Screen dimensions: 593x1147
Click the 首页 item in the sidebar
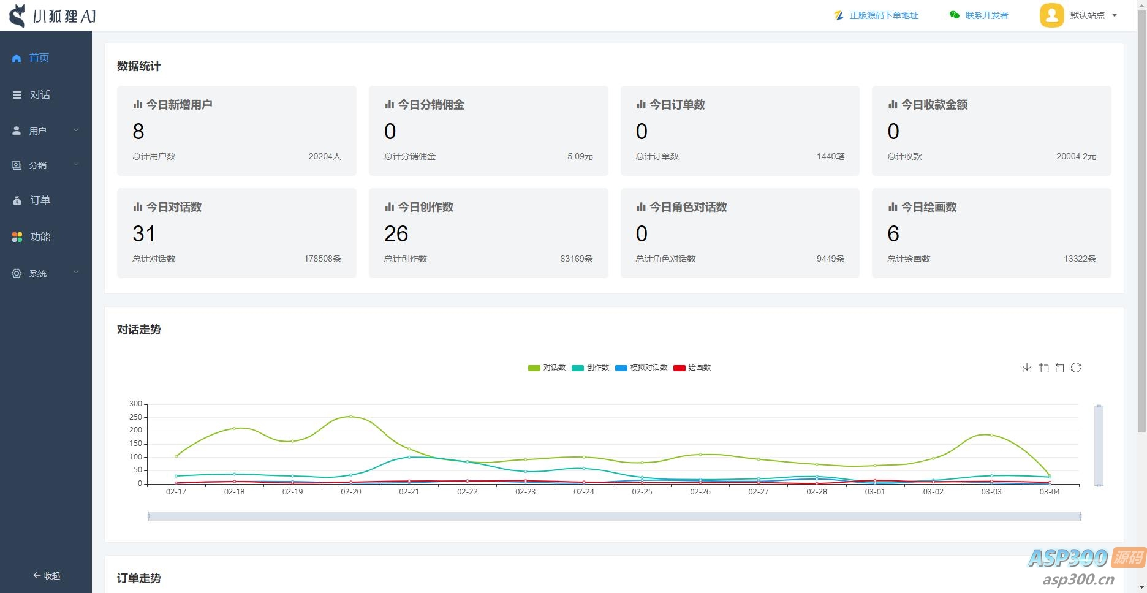(38, 58)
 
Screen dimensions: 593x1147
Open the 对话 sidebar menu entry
(40, 95)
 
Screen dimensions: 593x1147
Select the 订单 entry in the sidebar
(40, 200)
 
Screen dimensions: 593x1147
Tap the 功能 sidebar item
(40, 237)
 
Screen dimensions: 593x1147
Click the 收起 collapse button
(47, 576)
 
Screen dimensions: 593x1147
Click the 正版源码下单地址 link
(883, 15)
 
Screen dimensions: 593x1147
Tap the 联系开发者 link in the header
(986, 15)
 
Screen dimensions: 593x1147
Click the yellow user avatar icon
(1051, 15)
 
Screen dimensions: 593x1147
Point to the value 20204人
(324, 156)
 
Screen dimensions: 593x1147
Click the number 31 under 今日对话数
(144, 233)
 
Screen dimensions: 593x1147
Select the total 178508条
(322, 259)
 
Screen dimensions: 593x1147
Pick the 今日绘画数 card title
(928, 207)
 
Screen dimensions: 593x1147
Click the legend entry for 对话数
(547, 368)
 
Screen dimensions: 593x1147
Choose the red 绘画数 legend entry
(692, 368)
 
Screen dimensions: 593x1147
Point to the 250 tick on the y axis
(135, 417)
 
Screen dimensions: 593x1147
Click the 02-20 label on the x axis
(351, 492)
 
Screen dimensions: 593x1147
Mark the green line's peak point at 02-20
(351, 417)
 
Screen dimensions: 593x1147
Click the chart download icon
(1027, 368)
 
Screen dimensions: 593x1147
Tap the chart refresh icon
(1076, 368)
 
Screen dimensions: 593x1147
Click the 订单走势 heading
(139, 578)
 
